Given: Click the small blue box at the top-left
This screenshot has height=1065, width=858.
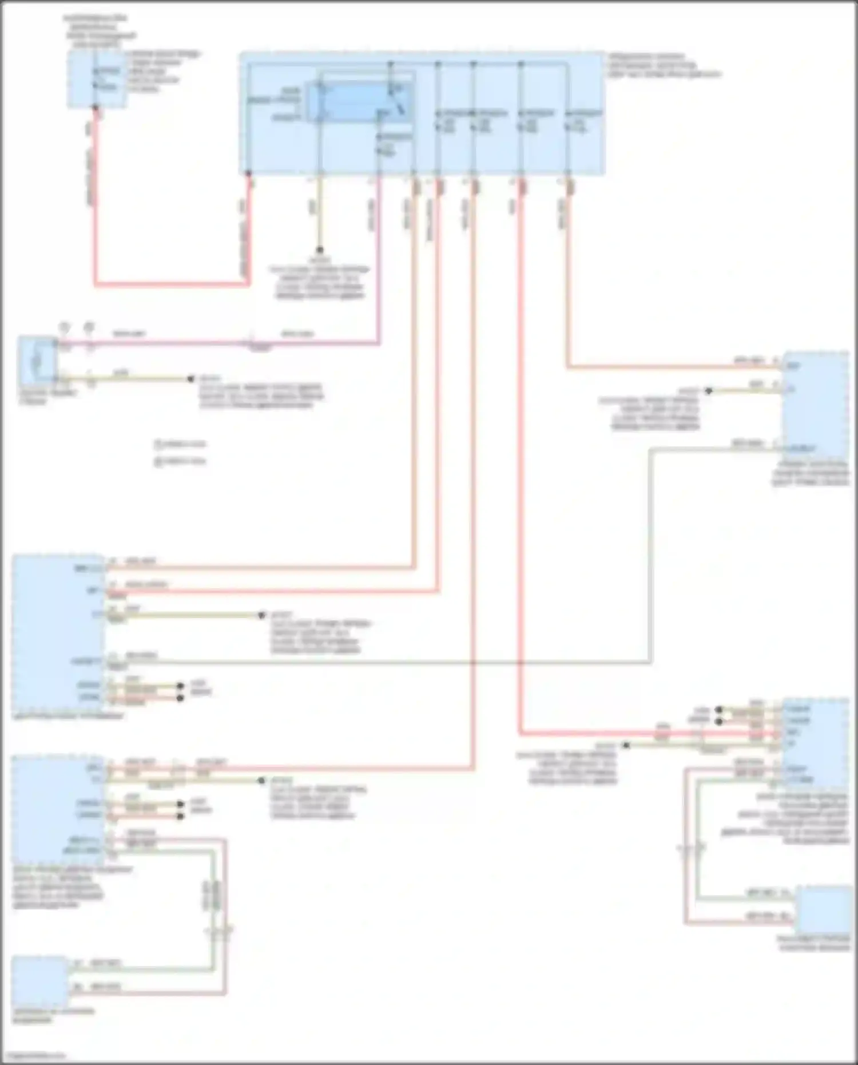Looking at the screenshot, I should tap(96, 79).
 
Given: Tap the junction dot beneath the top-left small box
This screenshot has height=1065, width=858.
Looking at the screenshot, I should tap(96, 108).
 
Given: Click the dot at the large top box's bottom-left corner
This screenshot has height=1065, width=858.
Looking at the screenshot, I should tap(248, 173).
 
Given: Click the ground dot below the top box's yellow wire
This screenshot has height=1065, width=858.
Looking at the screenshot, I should tap(320, 250).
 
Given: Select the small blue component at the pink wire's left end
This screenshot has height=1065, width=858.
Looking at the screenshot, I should tap(38, 361).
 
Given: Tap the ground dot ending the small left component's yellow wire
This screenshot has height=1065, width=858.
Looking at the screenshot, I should tap(191, 379).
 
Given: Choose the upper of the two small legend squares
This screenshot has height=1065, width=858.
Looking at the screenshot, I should tap(158, 444).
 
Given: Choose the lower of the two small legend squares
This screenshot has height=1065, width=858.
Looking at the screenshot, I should tap(158, 461).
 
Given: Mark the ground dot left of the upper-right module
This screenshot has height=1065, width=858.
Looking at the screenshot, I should tap(708, 391).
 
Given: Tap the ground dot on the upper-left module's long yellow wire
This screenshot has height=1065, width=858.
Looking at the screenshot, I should tap(261, 616).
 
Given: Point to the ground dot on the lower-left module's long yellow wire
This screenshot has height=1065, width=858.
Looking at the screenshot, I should tap(261, 781).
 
